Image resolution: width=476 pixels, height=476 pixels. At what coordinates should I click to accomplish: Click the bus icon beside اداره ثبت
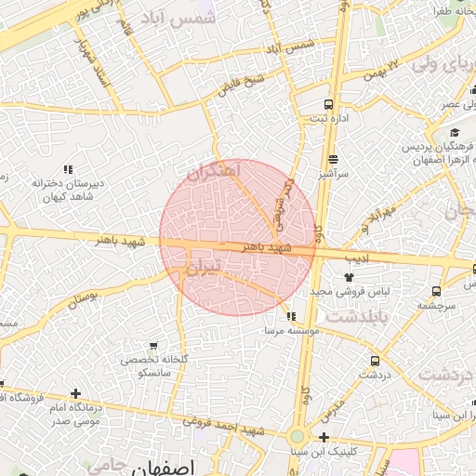[327, 104]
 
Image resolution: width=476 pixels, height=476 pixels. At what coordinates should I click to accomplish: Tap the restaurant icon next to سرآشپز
[333, 159]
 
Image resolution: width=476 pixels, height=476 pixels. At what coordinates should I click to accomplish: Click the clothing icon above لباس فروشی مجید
[349, 277]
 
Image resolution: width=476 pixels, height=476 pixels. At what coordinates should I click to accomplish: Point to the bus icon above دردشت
[375, 361]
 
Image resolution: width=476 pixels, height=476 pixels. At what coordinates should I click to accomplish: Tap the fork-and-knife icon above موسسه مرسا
[291, 317]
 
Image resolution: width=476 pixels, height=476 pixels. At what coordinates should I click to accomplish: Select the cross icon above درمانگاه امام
[75, 394]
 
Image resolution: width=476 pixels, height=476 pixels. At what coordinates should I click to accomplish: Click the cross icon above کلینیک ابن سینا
[324, 437]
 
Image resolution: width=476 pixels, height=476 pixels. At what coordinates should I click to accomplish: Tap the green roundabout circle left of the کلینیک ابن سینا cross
[297, 436]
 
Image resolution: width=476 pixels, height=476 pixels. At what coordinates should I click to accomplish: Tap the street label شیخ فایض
[242, 86]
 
